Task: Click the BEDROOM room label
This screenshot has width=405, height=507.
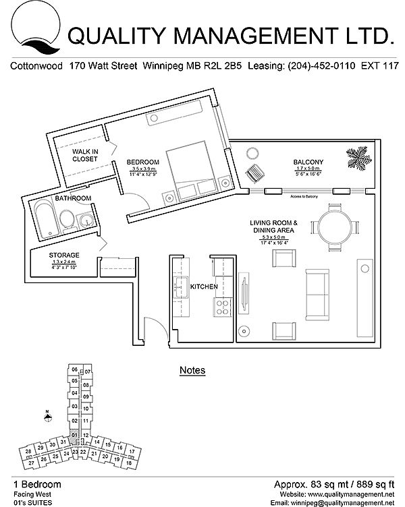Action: coord(143,162)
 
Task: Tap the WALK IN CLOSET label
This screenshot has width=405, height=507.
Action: coord(86,155)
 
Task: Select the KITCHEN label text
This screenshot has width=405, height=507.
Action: coord(203,287)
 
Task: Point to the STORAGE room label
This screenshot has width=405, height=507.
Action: coord(64,255)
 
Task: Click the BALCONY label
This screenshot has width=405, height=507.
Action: coord(308,162)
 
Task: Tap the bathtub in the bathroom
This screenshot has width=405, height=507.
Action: coord(44,218)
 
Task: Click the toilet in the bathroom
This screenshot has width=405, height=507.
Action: coord(67,218)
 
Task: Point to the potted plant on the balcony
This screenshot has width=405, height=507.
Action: coord(358,158)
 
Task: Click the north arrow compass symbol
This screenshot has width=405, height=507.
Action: coord(47,415)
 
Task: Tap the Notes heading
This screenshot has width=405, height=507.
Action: coord(192,370)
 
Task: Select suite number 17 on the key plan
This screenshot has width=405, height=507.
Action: coord(132,450)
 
